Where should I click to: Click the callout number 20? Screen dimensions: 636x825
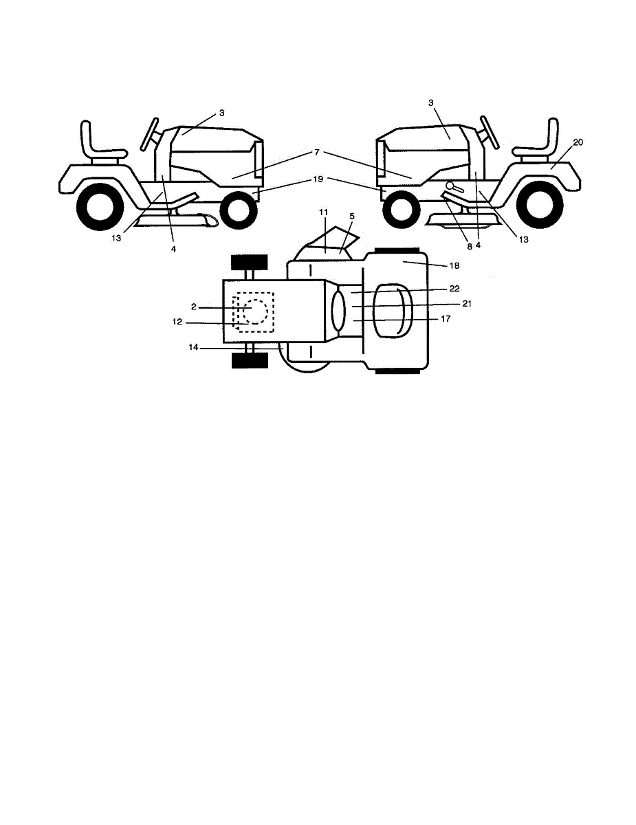[578, 142]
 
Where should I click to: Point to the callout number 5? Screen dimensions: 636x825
[352, 216]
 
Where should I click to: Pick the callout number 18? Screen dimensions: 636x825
[454, 265]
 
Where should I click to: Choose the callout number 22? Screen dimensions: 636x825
[454, 289]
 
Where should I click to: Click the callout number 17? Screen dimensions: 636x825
[446, 318]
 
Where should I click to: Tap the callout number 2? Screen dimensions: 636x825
[195, 308]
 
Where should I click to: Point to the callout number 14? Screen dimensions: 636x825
[195, 348]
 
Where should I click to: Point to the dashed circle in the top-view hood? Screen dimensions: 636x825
[255, 311]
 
